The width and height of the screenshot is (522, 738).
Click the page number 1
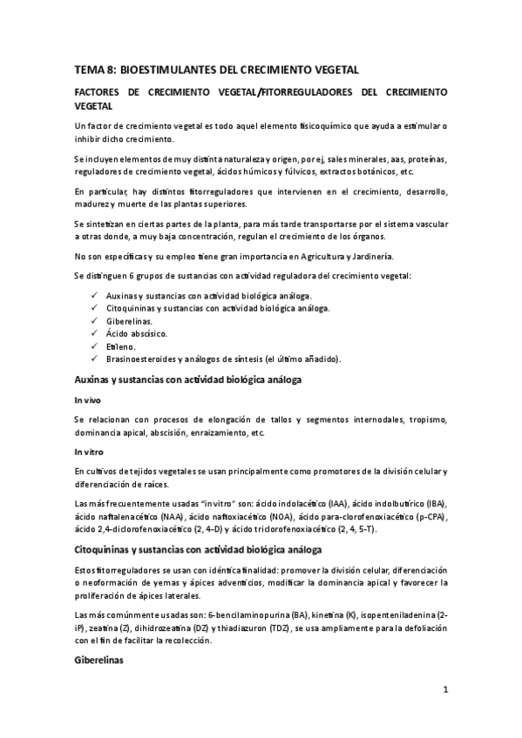pos(444,692)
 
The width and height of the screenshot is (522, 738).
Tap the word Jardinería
pos(369,256)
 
